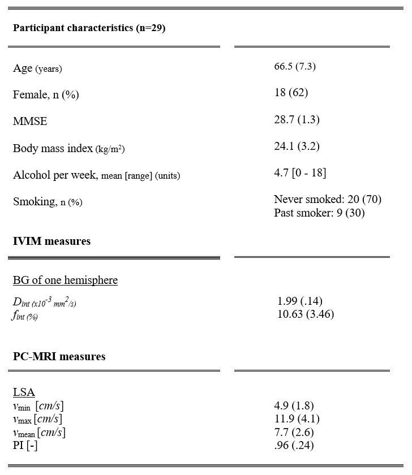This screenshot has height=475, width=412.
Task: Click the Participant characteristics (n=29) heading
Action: (x=89, y=28)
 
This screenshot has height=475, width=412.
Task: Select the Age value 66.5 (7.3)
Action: (x=294, y=66)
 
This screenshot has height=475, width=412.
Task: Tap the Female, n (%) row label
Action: (x=46, y=94)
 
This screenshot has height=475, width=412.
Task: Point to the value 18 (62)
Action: (x=291, y=92)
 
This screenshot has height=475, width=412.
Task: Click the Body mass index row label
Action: (x=69, y=148)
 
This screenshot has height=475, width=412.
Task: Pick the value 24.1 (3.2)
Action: (x=297, y=146)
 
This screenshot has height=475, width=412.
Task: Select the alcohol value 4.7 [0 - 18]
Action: (x=300, y=173)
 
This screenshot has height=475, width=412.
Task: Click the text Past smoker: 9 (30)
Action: (x=319, y=213)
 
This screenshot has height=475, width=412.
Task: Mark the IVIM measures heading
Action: (x=51, y=241)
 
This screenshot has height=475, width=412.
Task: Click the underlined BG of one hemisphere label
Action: (x=65, y=280)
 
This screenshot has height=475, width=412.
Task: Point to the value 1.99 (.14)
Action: (x=300, y=301)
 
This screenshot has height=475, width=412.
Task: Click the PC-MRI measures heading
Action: (x=59, y=357)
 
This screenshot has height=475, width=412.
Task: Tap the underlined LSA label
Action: (x=24, y=392)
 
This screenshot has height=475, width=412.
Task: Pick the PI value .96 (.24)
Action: (x=294, y=445)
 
